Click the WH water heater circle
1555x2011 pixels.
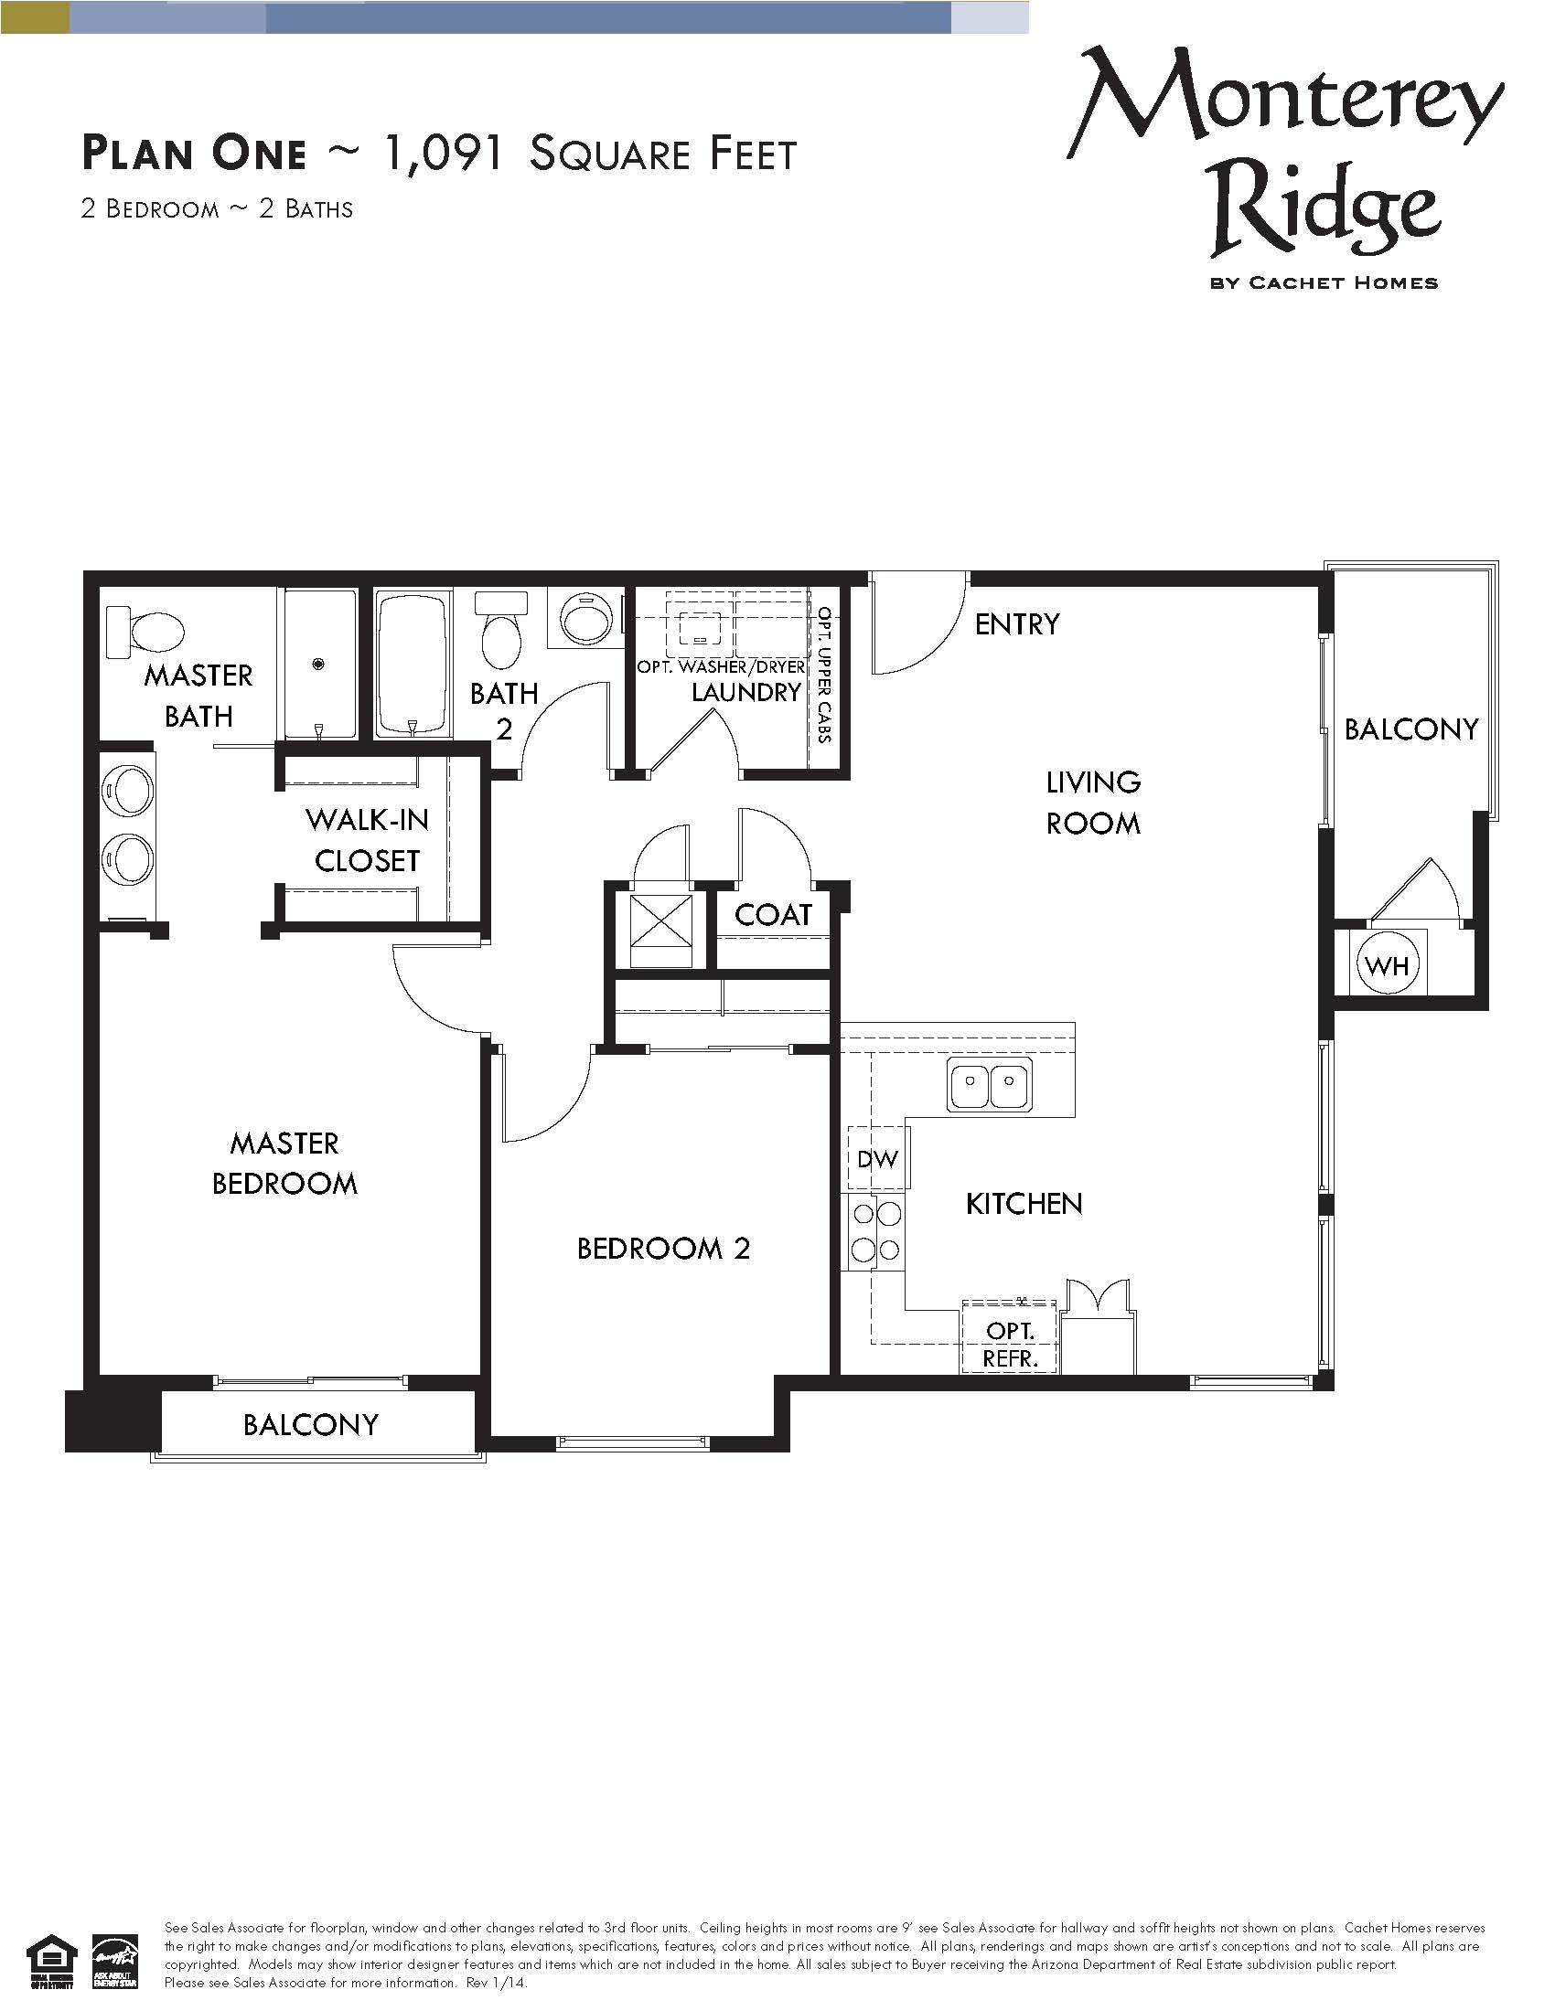point(1388,966)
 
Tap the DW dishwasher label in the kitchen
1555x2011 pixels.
point(877,1159)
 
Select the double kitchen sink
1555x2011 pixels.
point(990,1084)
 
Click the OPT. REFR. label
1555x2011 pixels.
point(1010,1345)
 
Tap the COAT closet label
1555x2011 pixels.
point(773,914)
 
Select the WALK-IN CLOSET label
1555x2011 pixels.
point(367,840)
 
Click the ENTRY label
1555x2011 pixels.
point(1017,624)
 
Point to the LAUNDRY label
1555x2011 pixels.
point(746,693)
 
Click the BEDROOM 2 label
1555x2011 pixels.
point(663,1249)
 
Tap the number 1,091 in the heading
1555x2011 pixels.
point(442,153)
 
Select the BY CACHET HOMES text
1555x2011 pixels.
point(1324,282)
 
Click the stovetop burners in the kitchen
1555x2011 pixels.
point(875,1233)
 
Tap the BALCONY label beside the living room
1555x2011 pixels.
point(1410,729)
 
